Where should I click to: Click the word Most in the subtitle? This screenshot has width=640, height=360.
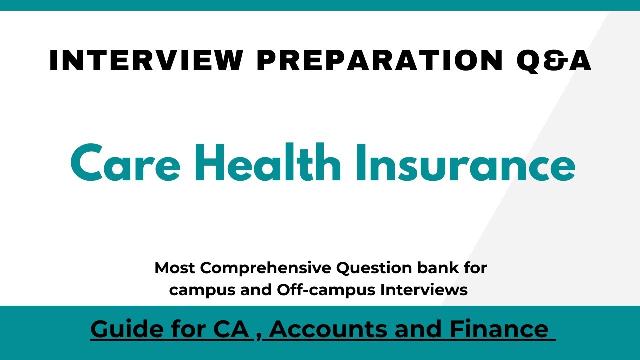(175, 268)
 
